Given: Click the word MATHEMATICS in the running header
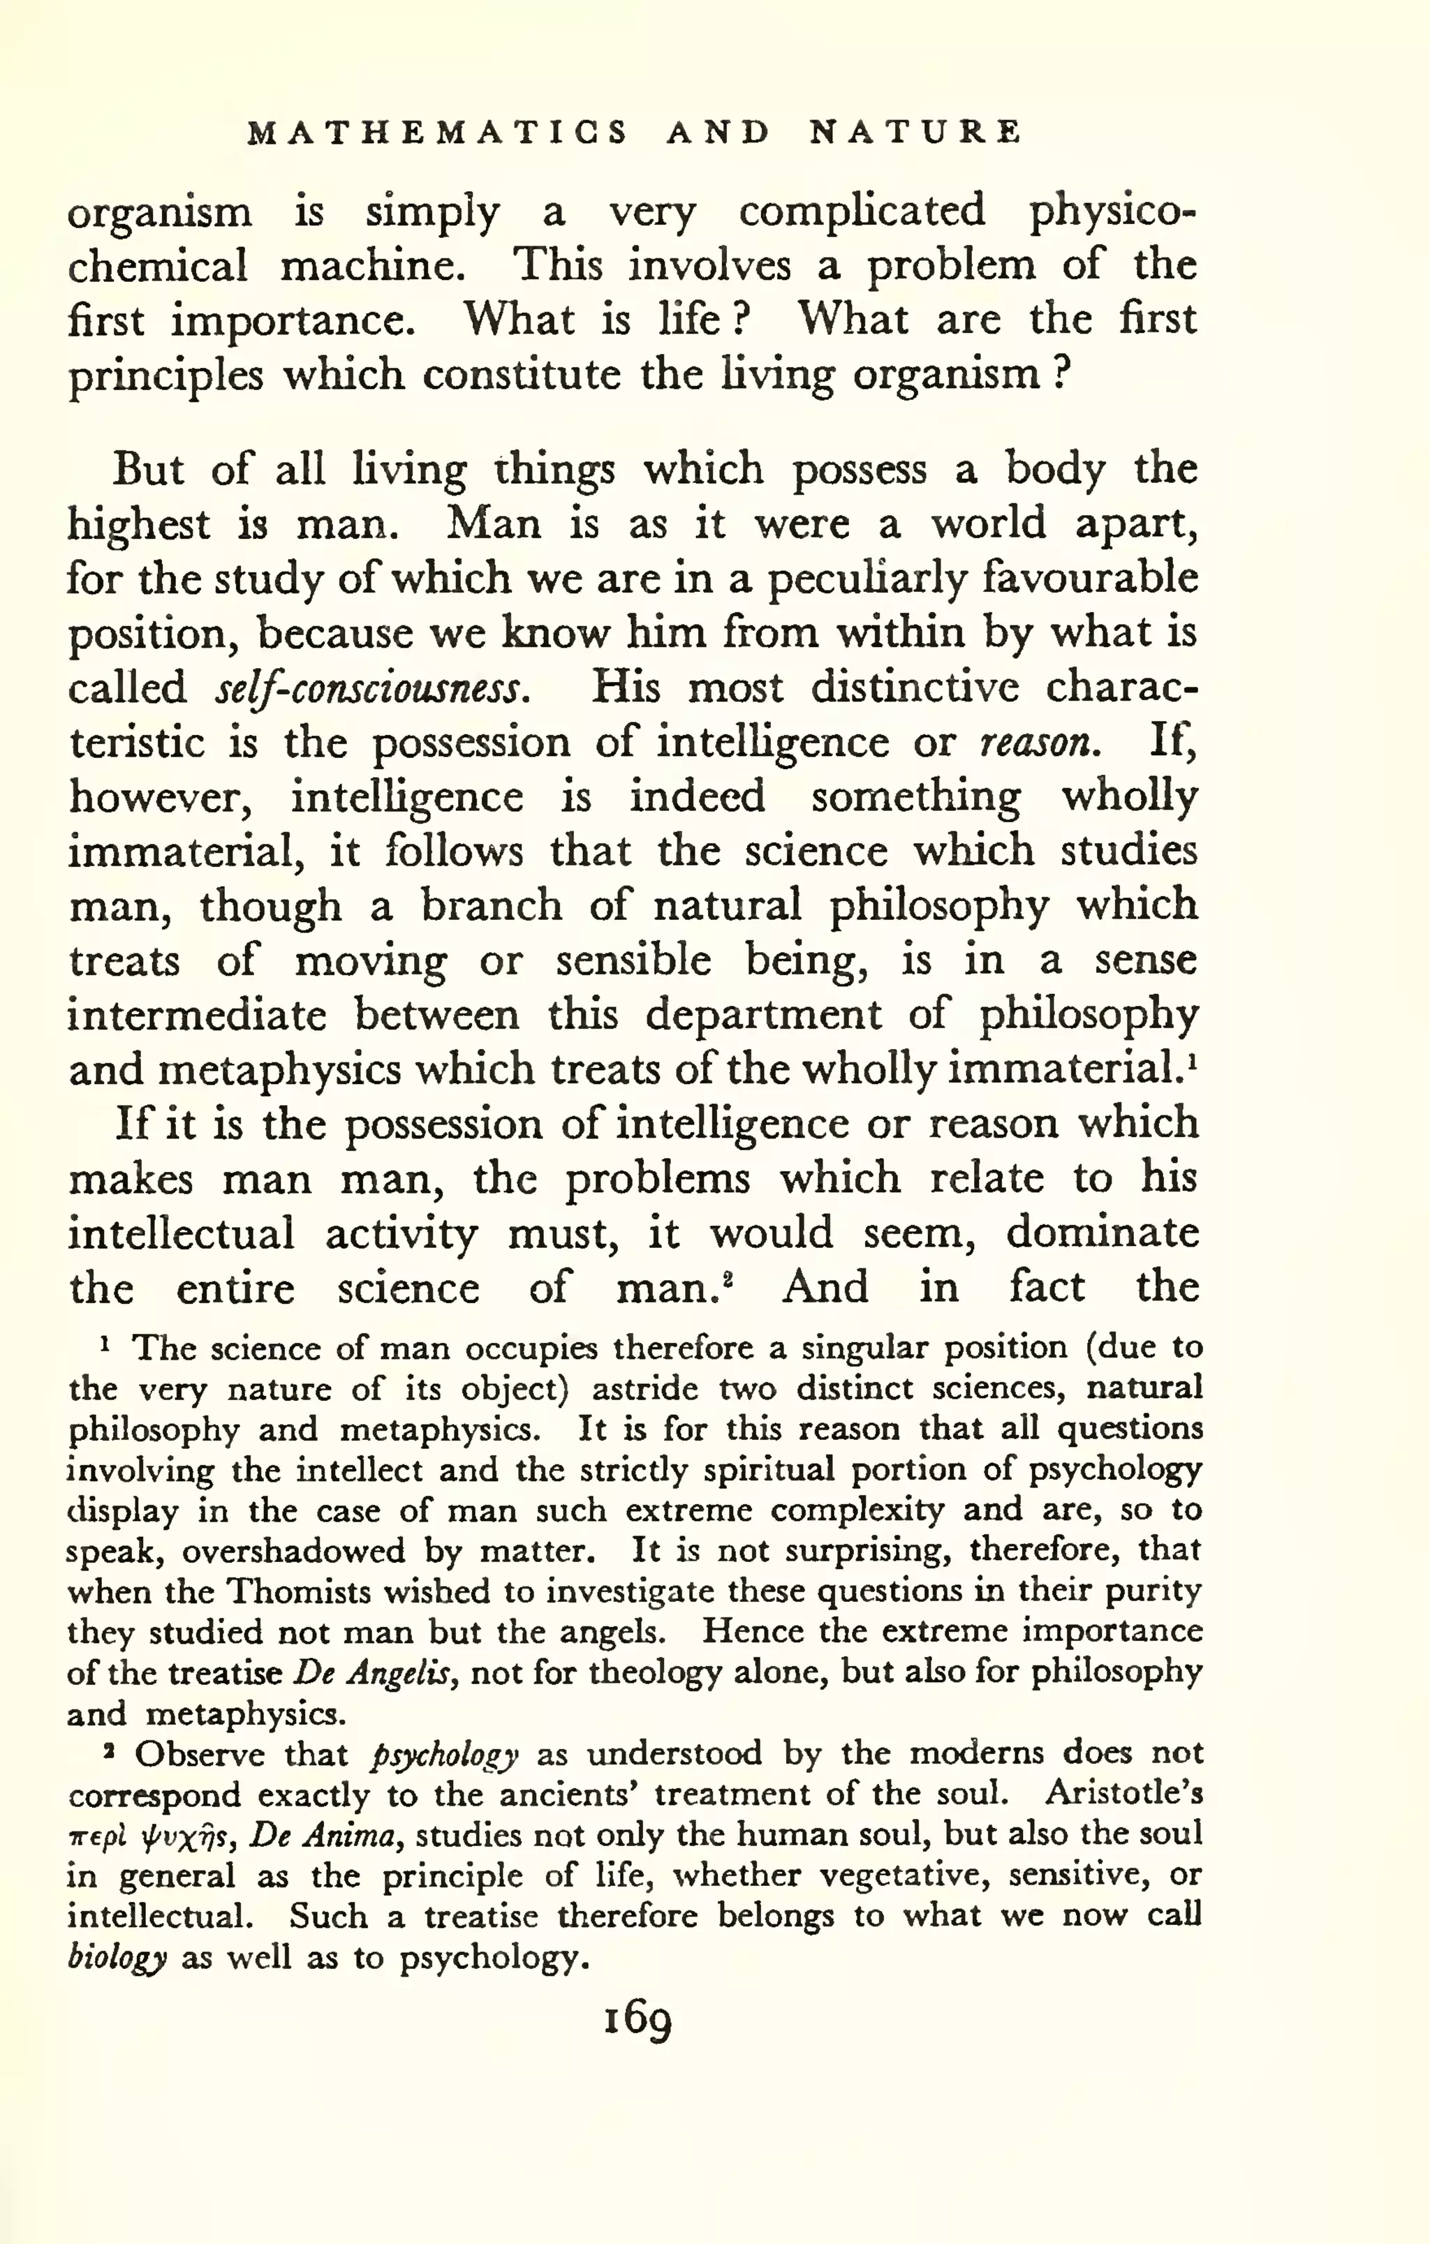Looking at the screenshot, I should pos(438,133).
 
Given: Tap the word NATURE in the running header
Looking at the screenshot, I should pos(915,133).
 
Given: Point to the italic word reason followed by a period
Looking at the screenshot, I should pos(1035,743).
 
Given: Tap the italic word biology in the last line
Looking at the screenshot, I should pos(117,1959).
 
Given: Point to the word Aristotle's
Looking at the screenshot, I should pos(1124,1795).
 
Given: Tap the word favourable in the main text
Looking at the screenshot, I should pos(1091,579).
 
